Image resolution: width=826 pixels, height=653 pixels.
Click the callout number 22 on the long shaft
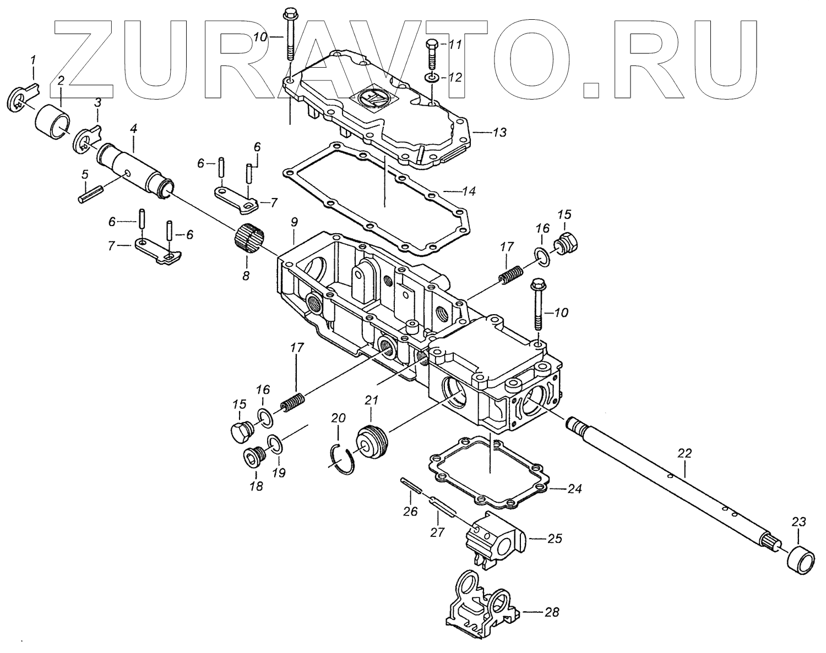[684, 454]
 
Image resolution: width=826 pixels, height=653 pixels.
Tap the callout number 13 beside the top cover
[500, 133]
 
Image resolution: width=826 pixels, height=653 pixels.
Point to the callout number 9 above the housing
[294, 222]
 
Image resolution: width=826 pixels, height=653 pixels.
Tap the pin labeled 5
[91, 195]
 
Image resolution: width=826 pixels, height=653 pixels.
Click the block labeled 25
[493, 537]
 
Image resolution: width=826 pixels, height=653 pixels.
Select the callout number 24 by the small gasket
[574, 489]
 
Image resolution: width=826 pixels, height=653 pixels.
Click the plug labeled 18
[254, 458]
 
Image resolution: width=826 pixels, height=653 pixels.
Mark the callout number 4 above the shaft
[133, 130]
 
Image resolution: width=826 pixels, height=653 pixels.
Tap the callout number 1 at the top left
[33, 59]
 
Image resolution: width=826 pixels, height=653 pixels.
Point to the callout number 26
[410, 512]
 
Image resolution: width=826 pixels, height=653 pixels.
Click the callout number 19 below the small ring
[280, 473]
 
